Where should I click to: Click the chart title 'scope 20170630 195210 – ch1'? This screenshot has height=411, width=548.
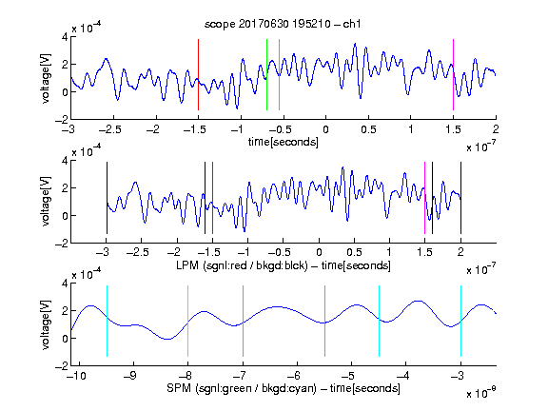283,24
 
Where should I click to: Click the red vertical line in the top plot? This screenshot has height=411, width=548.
199,75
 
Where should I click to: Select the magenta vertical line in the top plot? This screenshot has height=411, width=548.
453,75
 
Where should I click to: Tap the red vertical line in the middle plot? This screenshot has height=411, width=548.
212,198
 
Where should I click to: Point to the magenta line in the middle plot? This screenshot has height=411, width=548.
424,198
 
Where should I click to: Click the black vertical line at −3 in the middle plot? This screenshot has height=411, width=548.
107,198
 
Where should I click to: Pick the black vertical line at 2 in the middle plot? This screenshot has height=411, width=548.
460,198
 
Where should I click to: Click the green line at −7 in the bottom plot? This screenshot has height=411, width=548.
243,322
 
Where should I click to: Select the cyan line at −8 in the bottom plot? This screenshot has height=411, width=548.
188,322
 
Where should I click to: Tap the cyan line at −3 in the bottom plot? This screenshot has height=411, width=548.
460,322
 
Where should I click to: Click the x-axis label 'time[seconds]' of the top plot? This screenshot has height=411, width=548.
284,143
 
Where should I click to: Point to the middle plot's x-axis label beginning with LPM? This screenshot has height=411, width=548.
284,265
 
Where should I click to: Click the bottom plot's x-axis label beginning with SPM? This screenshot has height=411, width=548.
284,388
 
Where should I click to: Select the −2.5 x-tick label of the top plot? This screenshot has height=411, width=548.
109,129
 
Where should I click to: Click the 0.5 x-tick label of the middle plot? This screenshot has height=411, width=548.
354,252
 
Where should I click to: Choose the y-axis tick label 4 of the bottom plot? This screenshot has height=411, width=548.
65,284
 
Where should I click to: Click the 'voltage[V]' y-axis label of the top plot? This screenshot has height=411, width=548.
46,78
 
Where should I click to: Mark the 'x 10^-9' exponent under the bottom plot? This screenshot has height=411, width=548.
480,393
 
